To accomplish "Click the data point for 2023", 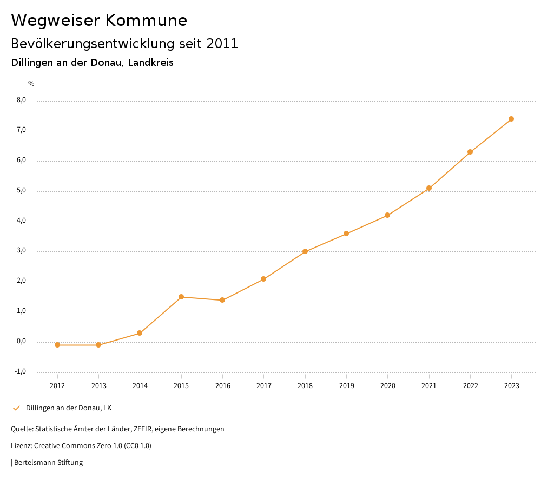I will tap(511, 119).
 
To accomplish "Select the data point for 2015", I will tap(181, 297).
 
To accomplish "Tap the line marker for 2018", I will tap(305, 251).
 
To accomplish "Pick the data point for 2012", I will tap(57, 345).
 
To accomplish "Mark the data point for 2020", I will tap(387, 215).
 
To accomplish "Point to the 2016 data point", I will tap(222, 300).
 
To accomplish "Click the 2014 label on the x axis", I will tap(140, 386).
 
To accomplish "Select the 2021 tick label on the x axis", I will tap(429, 386).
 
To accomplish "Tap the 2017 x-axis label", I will tap(264, 386).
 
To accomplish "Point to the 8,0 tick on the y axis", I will tap(21, 100).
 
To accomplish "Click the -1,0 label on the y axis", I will tap(20, 371).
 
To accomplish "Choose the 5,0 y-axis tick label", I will tap(21, 190).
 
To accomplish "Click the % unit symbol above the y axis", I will tap(31, 84).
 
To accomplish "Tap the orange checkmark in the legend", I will tap(16, 408).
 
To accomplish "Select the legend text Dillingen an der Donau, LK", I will tap(69, 408).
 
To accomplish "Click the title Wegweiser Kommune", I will tap(99, 21).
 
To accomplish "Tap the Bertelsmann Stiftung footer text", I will tap(48, 463).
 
